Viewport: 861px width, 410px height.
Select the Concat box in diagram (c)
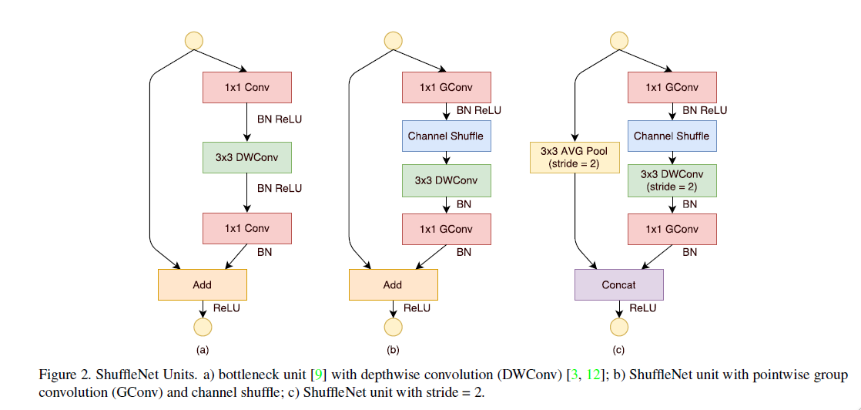619,284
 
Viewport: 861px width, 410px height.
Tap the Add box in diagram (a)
202,284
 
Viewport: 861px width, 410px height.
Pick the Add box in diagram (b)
393,284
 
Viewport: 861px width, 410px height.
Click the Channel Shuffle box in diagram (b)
447,136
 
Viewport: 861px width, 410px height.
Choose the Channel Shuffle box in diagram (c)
672,136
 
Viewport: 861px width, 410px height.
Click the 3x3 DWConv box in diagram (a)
246,158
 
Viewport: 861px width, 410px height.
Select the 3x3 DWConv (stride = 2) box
672,180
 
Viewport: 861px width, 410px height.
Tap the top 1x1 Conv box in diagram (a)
246,87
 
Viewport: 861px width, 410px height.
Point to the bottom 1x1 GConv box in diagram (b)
447,229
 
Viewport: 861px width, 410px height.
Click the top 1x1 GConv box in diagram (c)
672,87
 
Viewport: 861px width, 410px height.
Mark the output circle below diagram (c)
619,327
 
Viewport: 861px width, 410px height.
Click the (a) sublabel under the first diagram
203,351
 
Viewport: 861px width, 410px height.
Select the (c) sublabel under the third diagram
619,351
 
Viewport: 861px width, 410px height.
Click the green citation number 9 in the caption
316,375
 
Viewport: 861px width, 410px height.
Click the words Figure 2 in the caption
62,375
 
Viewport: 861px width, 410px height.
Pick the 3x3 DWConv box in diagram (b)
447,180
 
